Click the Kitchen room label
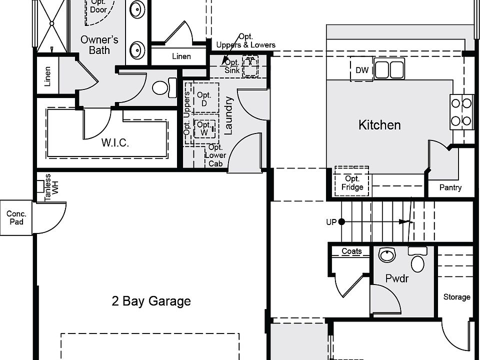pyautogui.click(x=379, y=125)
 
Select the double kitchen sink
pyautogui.click(x=389, y=68)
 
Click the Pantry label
pyautogui.click(x=450, y=187)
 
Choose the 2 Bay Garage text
pyautogui.click(x=151, y=301)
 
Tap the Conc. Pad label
pyautogui.click(x=16, y=217)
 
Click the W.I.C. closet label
pyautogui.click(x=115, y=142)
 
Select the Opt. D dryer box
pyautogui.click(x=205, y=98)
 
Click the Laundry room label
pyautogui.click(x=228, y=115)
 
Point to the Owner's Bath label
pyautogui.click(x=99, y=44)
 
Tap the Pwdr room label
pyautogui.click(x=396, y=278)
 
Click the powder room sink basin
pyautogui.click(x=387, y=254)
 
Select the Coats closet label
pyautogui.click(x=351, y=251)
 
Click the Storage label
pyautogui.click(x=456, y=297)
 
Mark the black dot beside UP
pyautogui.click(x=341, y=221)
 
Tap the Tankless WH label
pyautogui.click(x=51, y=187)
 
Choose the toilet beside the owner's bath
pyautogui.click(x=164, y=88)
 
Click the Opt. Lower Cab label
pyautogui.click(x=215, y=155)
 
